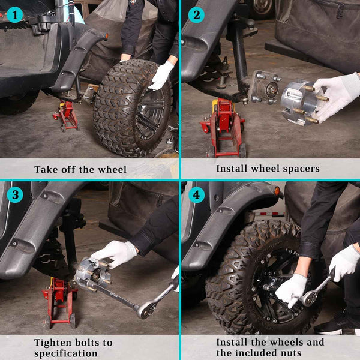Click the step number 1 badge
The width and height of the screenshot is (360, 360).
(15, 15)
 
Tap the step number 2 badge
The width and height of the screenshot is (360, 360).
(196, 15)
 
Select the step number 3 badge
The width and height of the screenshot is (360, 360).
(15, 194)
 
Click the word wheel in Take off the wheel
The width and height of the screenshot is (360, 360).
(112, 169)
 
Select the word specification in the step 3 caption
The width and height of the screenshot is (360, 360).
(65, 353)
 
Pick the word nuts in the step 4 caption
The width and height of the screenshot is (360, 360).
(292, 353)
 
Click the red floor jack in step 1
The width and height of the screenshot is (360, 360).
(66, 115)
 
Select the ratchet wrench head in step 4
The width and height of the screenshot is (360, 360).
(309, 298)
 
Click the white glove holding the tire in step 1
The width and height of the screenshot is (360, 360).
(161, 76)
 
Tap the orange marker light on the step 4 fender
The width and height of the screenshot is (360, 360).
(277, 191)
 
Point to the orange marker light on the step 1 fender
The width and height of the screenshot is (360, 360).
(106, 36)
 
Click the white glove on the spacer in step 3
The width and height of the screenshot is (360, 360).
(114, 254)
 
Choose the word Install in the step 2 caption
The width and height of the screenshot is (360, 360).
(232, 169)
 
